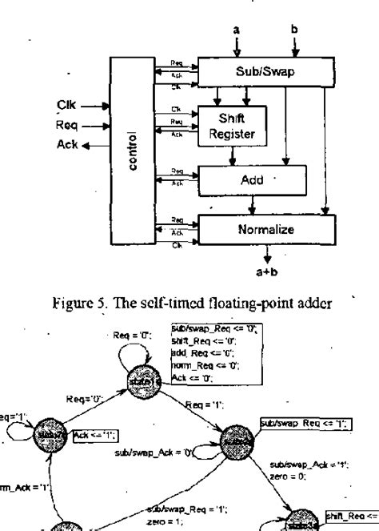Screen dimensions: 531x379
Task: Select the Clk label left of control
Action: [x=66, y=103]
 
